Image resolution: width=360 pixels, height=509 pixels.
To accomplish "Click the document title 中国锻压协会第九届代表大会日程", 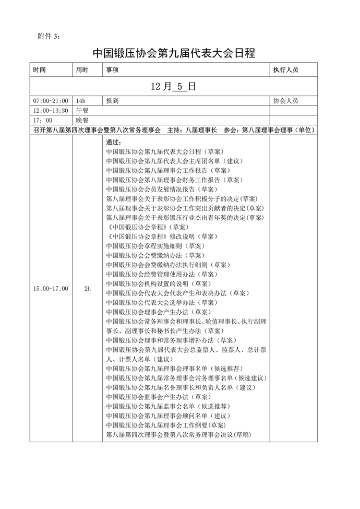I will tap(174, 53).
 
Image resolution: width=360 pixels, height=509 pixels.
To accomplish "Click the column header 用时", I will tap(82, 69).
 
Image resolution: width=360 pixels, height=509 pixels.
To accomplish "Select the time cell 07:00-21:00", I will tap(51, 100).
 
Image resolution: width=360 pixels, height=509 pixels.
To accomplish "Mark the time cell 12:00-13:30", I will tap(51, 110).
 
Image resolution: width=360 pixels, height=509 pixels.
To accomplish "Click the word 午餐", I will tap(82, 110).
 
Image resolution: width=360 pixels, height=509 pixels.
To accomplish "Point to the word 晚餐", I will tap(82, 120).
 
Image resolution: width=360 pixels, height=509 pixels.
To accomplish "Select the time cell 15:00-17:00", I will tap(51, 288).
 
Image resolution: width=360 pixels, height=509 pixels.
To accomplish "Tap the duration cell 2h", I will tap(87, 288).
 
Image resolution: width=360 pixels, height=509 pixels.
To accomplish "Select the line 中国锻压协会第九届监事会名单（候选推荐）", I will tap(168, 406).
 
